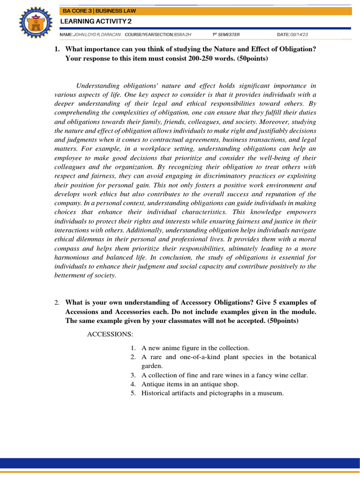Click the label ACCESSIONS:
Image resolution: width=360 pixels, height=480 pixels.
tap(110, 334)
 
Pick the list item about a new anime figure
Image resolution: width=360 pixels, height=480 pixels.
tap(195, 348)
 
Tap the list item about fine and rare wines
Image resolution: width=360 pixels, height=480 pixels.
tap(225, 375)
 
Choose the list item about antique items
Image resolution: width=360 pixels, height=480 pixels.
tap(190, 384)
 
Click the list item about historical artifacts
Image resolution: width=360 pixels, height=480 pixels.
tap(212, 393)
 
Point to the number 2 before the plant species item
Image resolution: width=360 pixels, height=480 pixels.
tap(133, 357)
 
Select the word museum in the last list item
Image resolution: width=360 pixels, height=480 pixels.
tap(271, 393)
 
